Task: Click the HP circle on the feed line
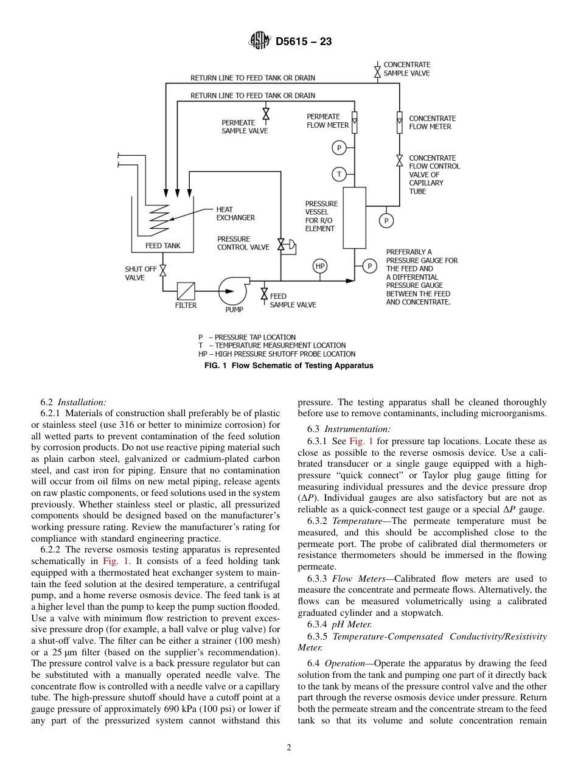tap(320, 266)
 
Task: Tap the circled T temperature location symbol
tap(339, 174)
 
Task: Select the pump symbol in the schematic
tap(232, 290)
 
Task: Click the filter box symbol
tap(186, 291)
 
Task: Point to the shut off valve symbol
tap(162, 269)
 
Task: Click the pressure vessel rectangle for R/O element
tap(354, 217)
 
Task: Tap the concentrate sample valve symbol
tap(377, 72)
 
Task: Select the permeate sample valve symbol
tap(265, 114)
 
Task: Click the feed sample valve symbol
tap(264, 295)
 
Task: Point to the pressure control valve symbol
tap(282, 245)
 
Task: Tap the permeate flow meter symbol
tap(355, 122)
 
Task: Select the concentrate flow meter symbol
tap(399, 122)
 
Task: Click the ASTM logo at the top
tap(260, 41)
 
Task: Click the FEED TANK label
tap(162, 246)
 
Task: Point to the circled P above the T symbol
tap(339, 147)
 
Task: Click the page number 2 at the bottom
tap(289, 748)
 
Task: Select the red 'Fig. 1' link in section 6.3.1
tap(361, 441)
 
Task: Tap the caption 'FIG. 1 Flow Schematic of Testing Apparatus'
tap(288, 366)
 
